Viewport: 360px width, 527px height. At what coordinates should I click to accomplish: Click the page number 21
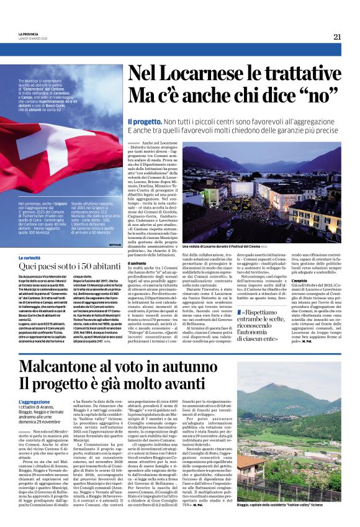(x=337, y=37)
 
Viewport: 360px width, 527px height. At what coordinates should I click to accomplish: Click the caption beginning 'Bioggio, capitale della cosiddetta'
(x=289, y=505)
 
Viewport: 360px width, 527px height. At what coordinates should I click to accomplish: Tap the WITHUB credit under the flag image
(x=115, y=245)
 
